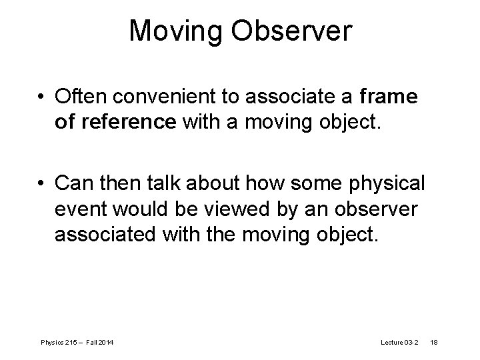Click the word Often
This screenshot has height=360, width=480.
pos(82,98)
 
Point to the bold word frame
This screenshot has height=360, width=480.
pos(388,98)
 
